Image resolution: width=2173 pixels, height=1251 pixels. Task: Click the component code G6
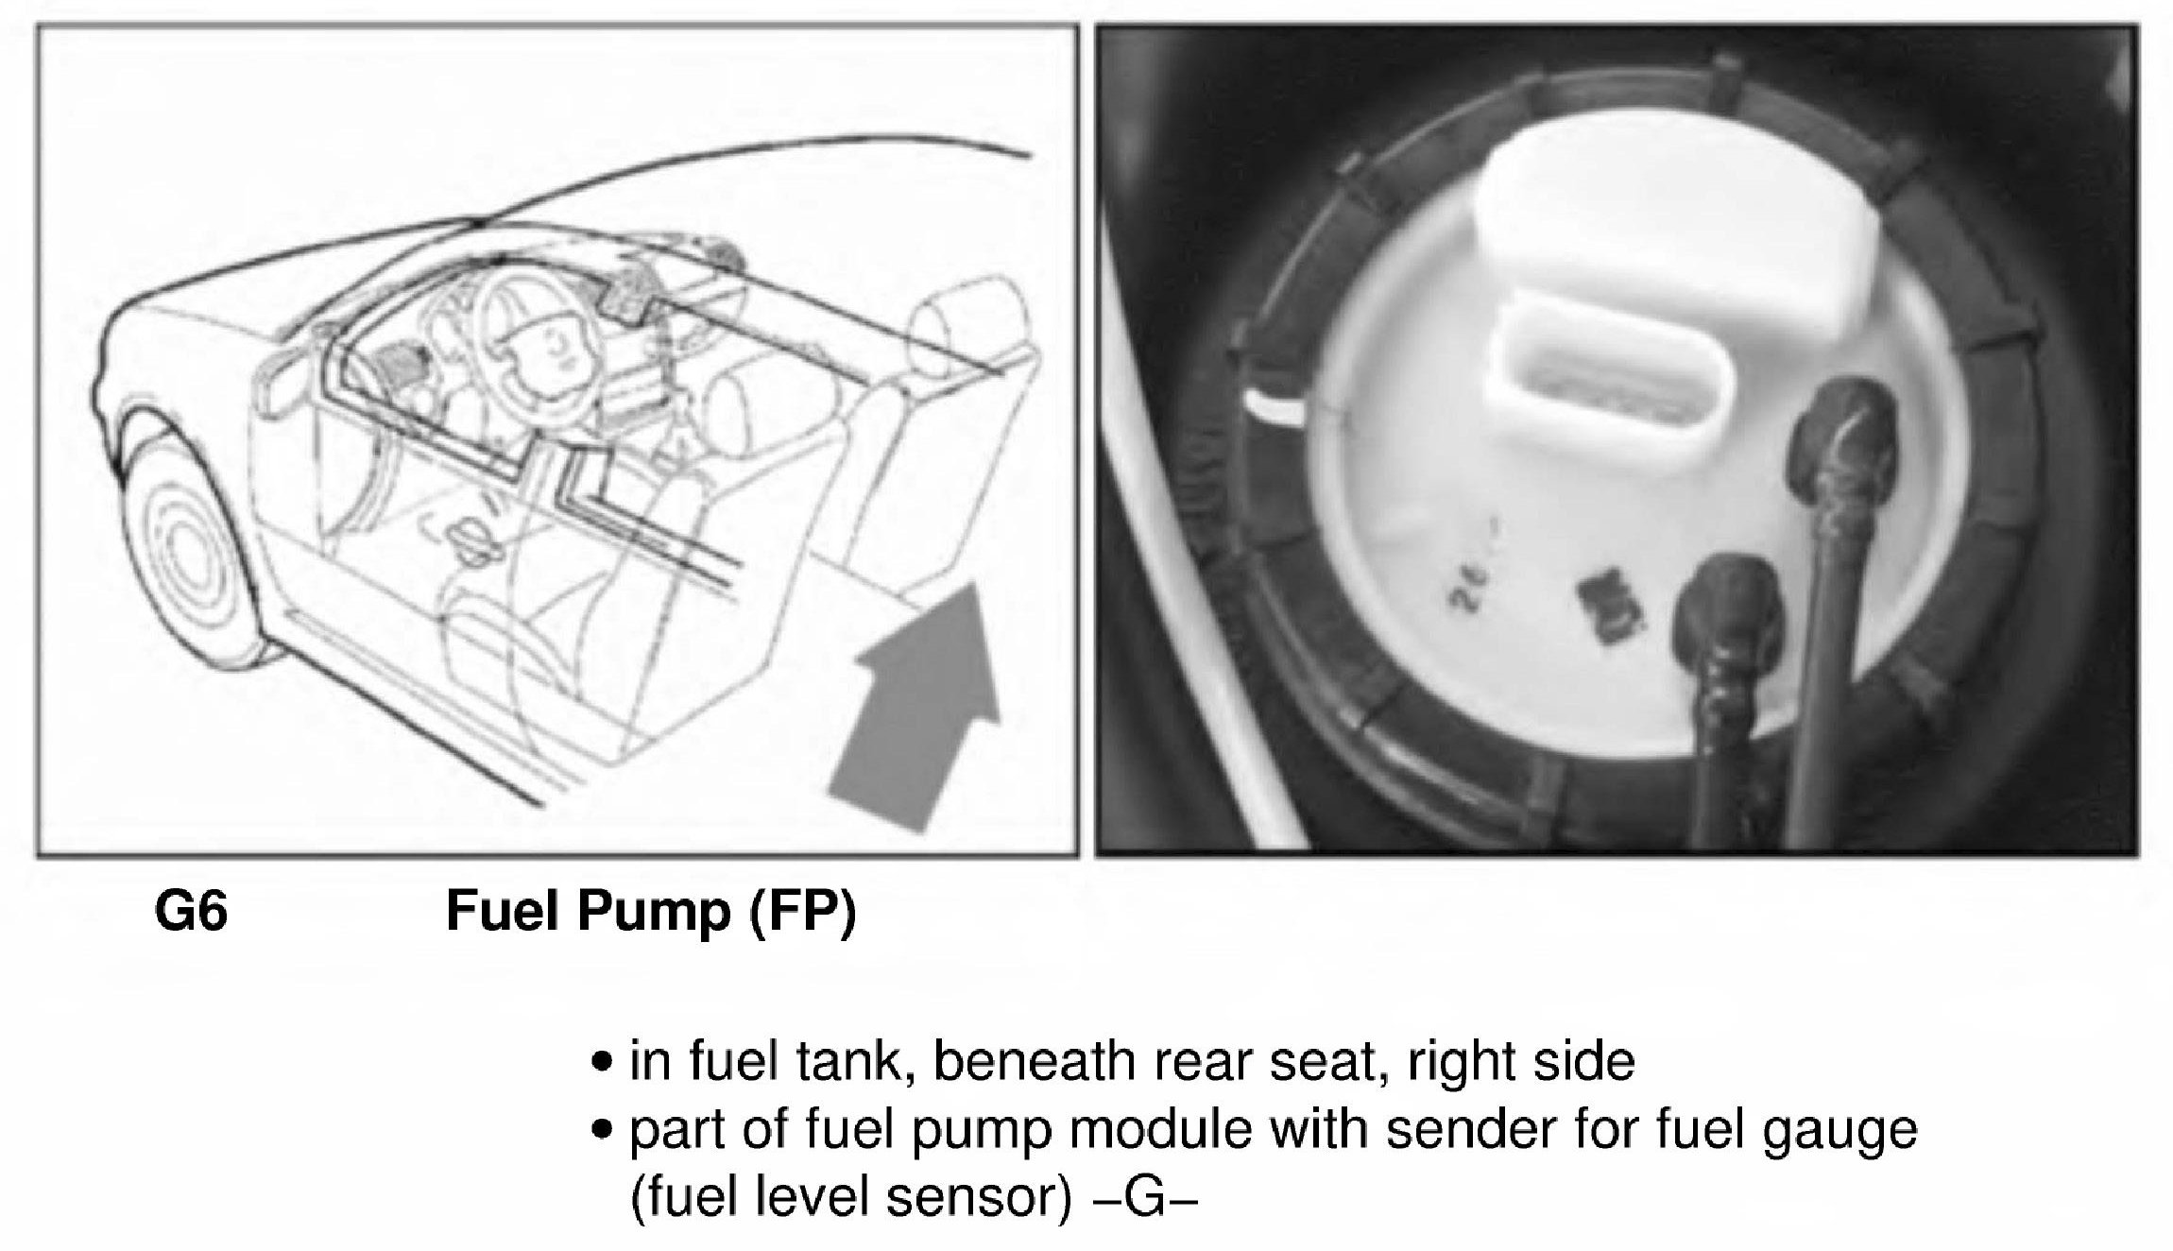tap(191, 913)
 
